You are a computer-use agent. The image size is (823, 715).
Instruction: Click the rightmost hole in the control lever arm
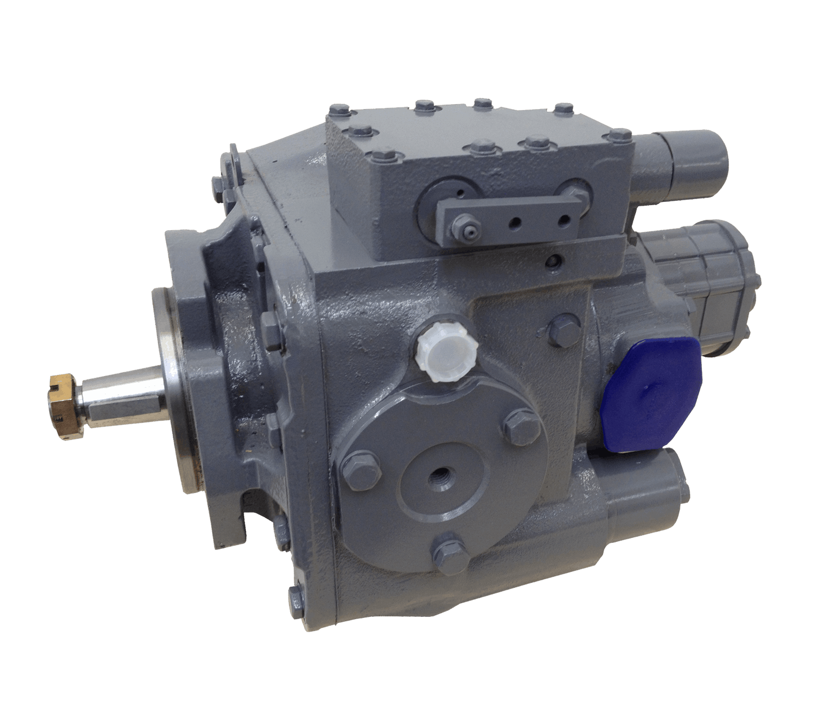coord(563,219)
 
